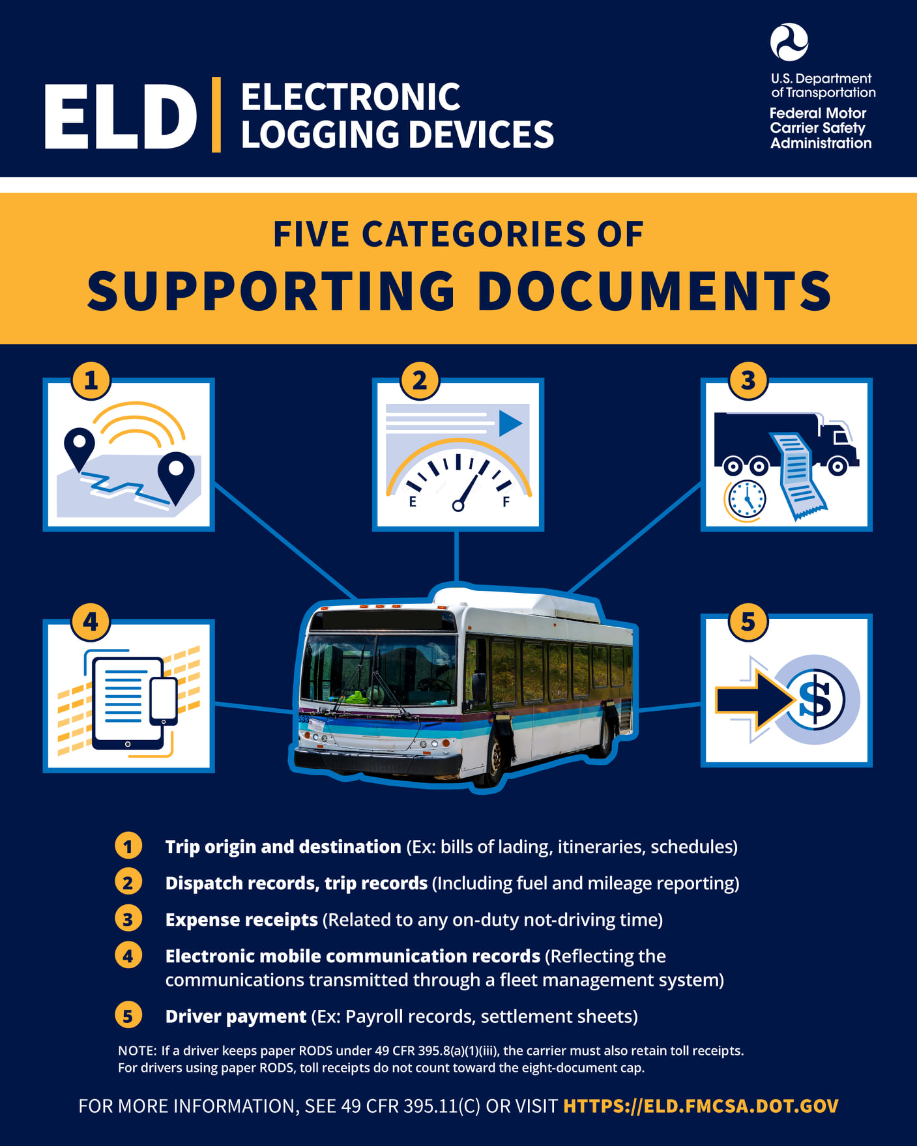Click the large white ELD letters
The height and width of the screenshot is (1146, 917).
121,117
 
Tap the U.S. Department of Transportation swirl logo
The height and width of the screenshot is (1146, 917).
789,42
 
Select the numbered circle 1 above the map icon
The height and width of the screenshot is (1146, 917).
91,380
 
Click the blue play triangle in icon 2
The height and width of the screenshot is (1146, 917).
510,423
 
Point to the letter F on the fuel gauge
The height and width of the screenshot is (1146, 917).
506,502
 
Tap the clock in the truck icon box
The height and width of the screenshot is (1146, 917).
746,500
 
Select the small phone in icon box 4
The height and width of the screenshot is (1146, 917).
164,701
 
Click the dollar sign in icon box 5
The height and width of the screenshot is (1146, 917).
815,700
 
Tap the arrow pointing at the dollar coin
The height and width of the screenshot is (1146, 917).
755,700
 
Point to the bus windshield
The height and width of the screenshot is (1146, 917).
380,670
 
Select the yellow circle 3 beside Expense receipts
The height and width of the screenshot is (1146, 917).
128,919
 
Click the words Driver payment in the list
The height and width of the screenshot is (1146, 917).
236,1016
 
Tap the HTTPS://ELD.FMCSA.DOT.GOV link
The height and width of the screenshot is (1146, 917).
701,1106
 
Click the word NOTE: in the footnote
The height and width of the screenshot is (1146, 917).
138,1051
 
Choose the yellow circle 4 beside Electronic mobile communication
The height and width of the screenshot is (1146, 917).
128,956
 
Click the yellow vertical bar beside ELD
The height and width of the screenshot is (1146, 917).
216,115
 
